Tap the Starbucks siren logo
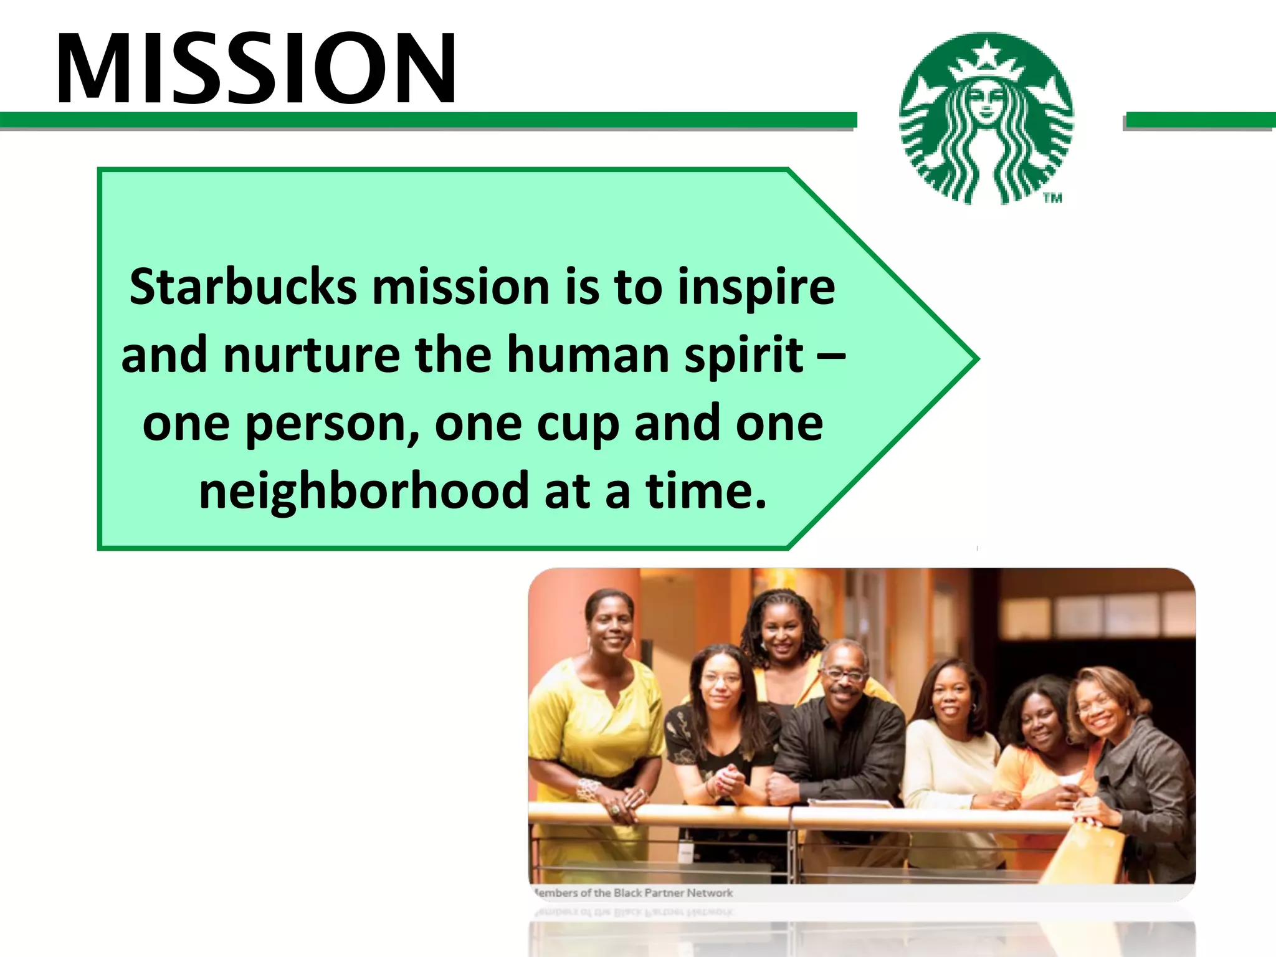pyautogui.click(x=987, y=118)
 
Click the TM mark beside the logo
pyautogui.click(x=1053, y=198)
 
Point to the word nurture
pyautogui.click(x=312, y=355)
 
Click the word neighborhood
pyautogui.click(x=364, y=491)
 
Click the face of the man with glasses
pyautogui.click(x=844, y=676)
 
